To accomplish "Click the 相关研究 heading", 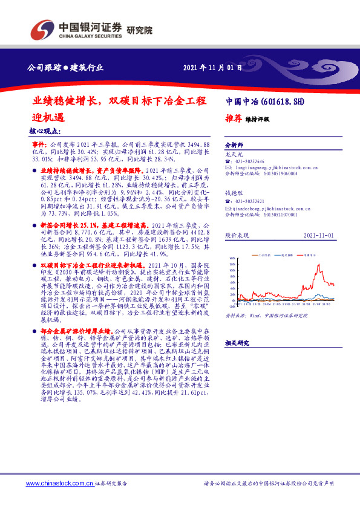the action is click(x=236, y=343).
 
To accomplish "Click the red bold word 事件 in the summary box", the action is click(x=38, y=146).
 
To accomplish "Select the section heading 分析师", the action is click(x=234, y=146).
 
